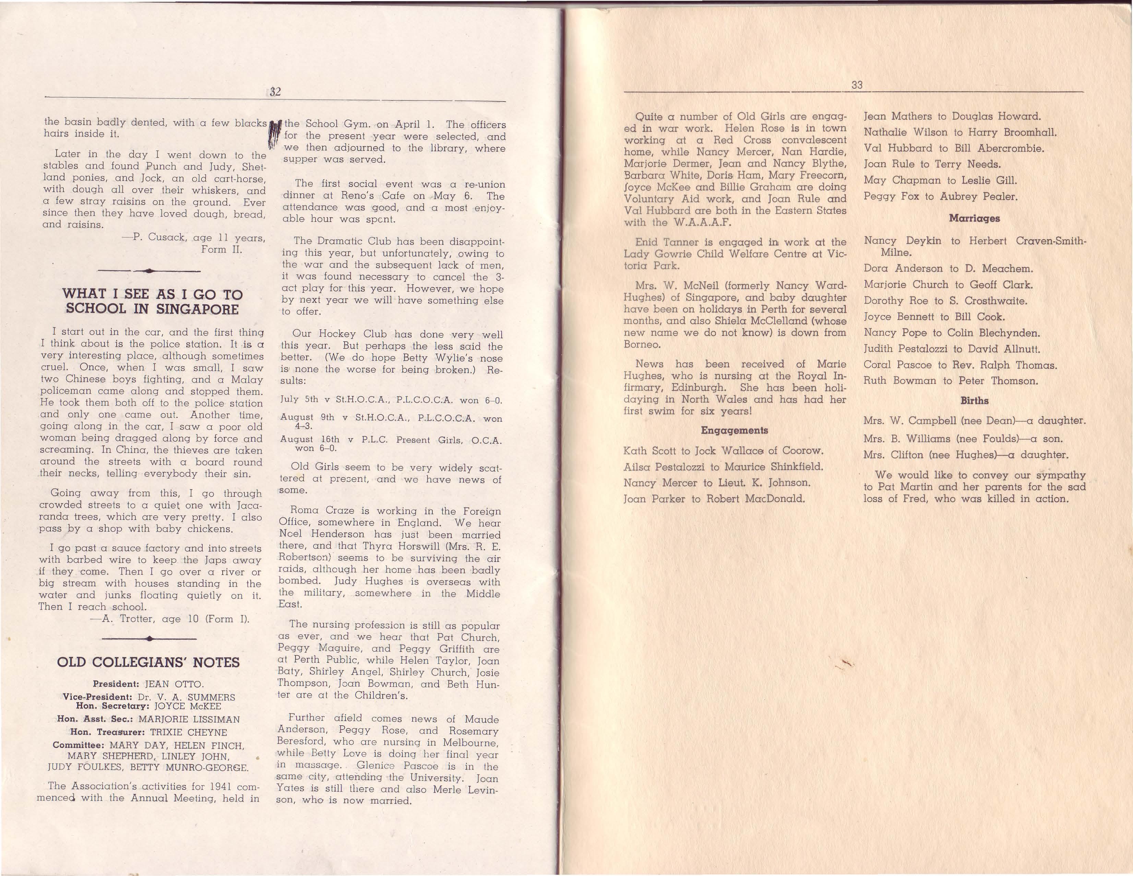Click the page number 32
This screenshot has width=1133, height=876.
point(275,92)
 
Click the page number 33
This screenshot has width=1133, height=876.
point(857,85)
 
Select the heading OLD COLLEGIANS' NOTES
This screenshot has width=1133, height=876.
point(148,662)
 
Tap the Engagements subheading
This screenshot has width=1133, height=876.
point(734,430)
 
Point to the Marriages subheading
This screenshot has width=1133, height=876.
point(974,219)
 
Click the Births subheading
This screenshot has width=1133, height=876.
point(974,401)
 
